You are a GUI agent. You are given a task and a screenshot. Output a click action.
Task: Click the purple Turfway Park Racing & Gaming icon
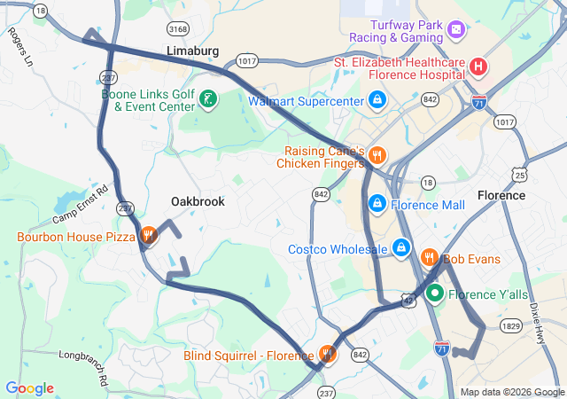[455, 31]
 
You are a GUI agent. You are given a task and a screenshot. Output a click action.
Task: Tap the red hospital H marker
[478, 66]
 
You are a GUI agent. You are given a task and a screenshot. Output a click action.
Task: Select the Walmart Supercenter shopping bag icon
[377, 99]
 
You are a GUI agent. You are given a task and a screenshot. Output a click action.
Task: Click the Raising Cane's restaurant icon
[377, 156]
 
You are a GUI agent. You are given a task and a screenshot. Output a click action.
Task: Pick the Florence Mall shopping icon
[377, 204]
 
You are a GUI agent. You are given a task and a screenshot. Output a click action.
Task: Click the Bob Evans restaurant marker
[430, 258]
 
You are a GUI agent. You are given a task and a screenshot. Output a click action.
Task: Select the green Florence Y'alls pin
[435, 293]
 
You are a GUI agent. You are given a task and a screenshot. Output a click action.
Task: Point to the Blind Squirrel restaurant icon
[328, 354]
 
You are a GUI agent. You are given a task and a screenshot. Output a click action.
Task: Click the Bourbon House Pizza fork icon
[149, 236]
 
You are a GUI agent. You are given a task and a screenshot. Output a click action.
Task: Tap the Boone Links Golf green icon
[207, 99]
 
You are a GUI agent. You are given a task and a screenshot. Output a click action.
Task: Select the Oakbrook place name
[198, 201]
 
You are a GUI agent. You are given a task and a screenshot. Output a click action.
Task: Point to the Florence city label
[501, 194]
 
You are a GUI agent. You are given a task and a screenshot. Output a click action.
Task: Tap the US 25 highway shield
[519, 174]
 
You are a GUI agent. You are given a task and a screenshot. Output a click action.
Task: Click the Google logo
[29, 388]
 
